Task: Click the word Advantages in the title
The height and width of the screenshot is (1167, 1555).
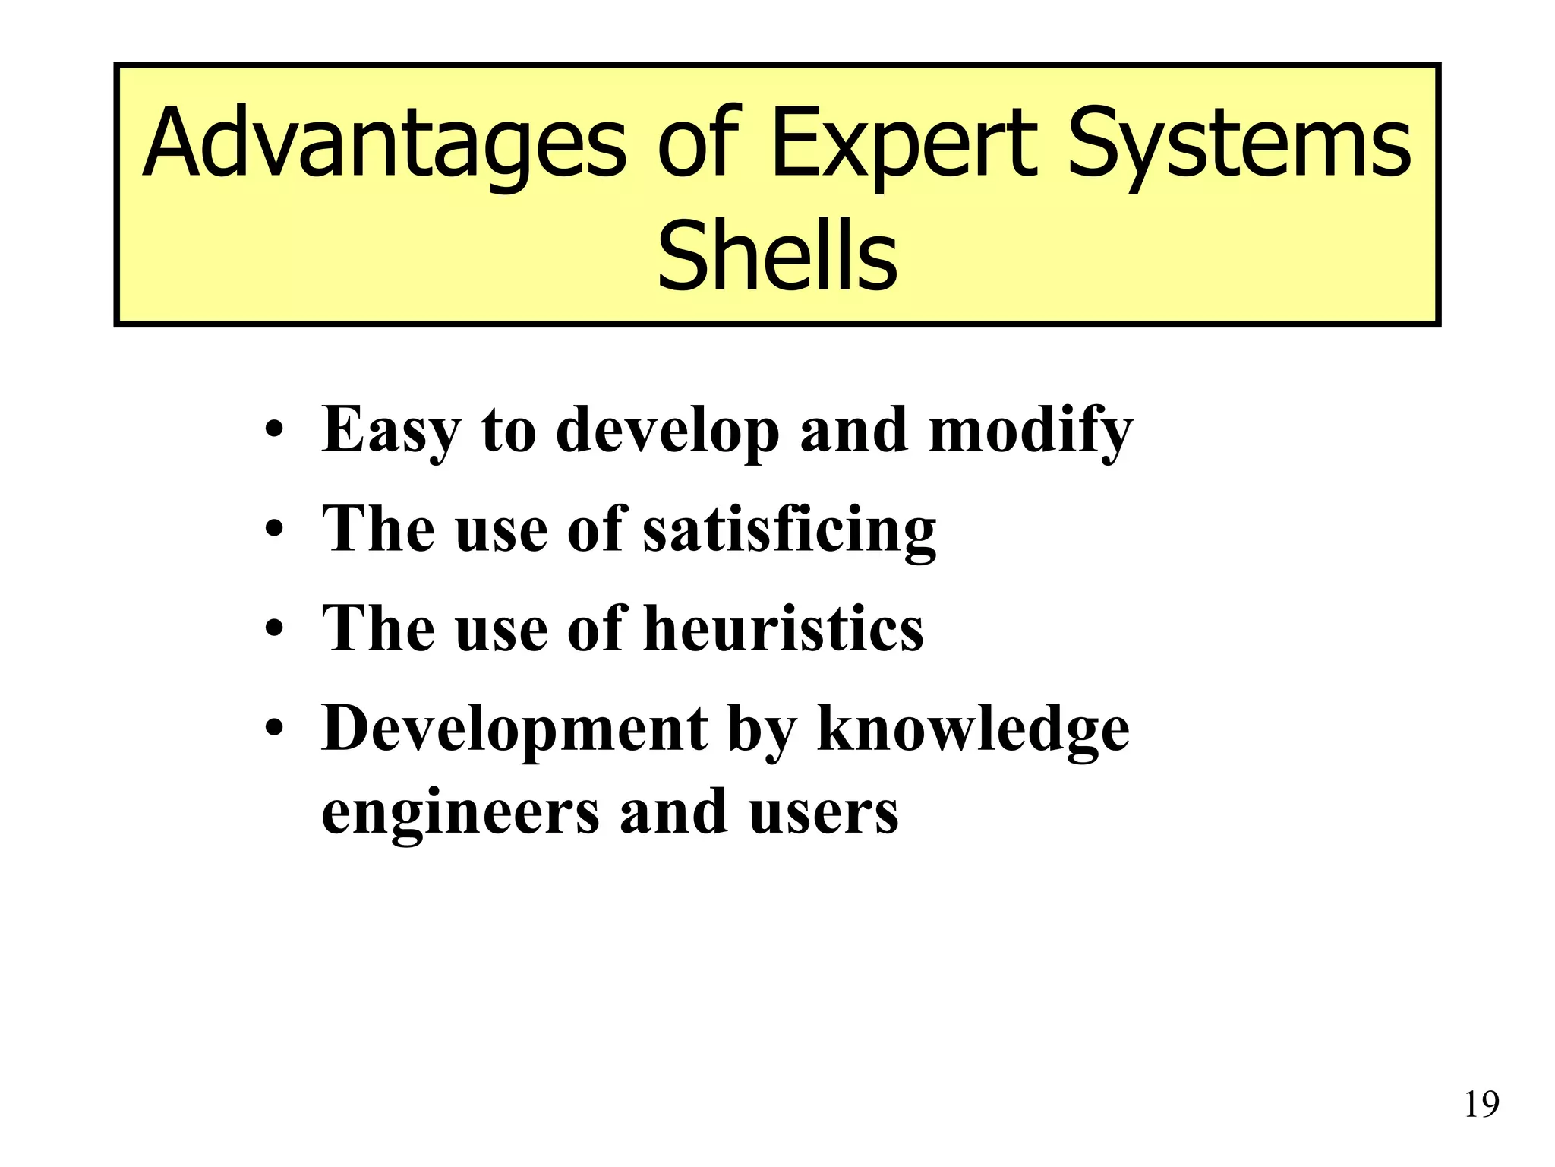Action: [383, 144]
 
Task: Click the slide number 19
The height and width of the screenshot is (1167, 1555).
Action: [1481, 1105]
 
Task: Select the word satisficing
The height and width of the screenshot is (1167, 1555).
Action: [790, 530]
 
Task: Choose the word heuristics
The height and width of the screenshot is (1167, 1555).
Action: [784, 628]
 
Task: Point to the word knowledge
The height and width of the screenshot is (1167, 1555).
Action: [973, 729]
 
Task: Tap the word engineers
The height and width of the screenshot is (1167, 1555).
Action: [460, 811]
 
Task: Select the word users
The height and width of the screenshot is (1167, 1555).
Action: [824, 811]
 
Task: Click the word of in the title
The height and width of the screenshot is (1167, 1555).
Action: [697, 144]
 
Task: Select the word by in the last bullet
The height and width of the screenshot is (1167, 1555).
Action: [762, 729]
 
